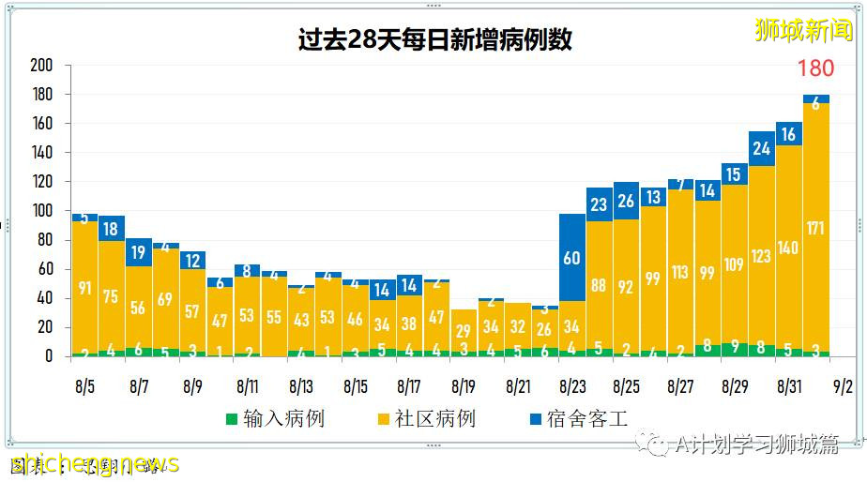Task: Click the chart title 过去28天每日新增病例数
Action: click(434, 40)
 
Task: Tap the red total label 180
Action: click(815, 68)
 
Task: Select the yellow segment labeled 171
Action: click(815, 227)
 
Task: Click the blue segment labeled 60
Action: click(571, 257)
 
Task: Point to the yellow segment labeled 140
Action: click(788, 248)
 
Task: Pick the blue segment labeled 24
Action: click(761, 148)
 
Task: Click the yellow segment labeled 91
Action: click(84, 287)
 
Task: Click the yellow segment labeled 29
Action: click(464, 330)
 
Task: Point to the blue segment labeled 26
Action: click(626, 201)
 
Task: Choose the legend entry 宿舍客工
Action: click(586, 418)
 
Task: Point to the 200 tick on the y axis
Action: click(40, 66)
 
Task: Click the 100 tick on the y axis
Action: click(40, 211)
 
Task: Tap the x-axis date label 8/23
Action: click(571, 385)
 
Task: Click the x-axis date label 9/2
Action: click(842, 385)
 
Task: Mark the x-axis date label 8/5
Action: click(84, 385)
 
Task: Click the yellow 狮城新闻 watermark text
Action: click(804, 30)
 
